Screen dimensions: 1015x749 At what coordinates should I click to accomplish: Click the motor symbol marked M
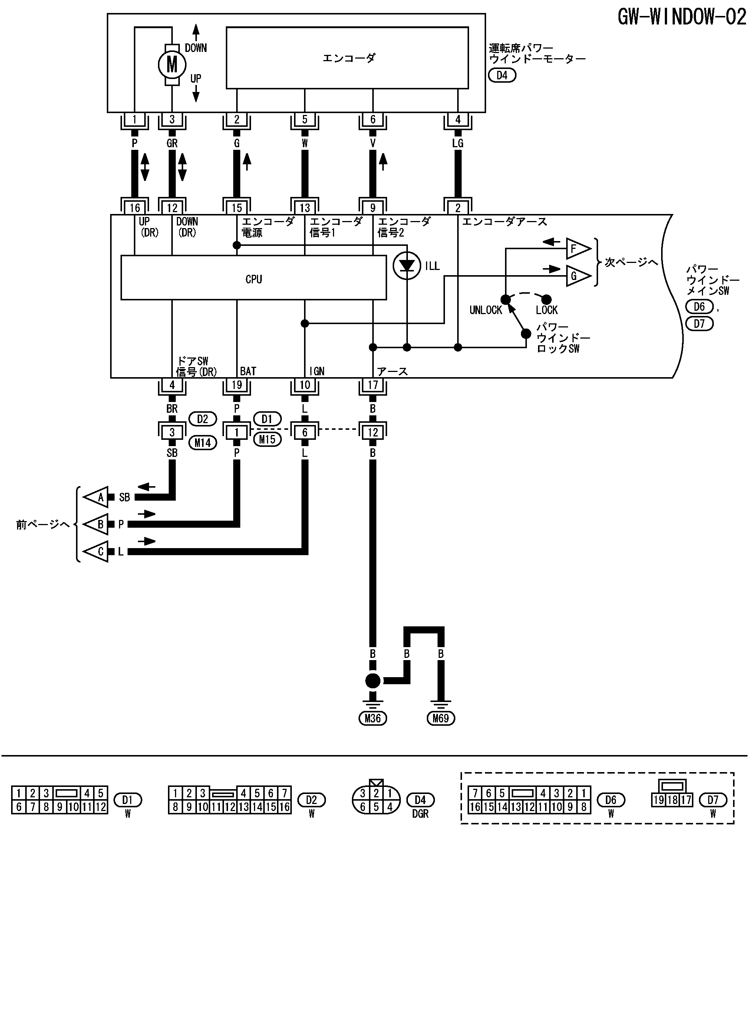click(x=172, y=65)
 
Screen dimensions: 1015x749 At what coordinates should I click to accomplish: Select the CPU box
click(x=254, y=278)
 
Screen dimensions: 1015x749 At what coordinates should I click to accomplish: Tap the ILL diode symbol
click(x=407, y=266)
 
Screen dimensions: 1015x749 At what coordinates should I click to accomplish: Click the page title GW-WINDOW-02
click(x=682, y=17)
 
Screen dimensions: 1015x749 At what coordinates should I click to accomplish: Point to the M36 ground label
click(x=373, y=718)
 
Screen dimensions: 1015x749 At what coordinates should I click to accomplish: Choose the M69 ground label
click(x=441, y=718)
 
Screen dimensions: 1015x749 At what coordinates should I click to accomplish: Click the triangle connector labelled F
click(x=578, y=249)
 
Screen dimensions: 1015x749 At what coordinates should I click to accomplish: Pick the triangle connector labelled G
click(x=578, y=276)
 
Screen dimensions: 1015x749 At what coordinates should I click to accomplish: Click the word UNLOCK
click(x=486, y=310)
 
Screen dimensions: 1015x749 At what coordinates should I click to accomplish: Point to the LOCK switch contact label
click(x=547, y=310)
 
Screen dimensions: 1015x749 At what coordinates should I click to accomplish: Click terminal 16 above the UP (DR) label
click(x=135, y=208)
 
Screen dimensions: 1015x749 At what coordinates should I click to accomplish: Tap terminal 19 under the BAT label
click(x=237, y=385)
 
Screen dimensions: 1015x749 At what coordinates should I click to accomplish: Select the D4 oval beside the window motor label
click(x=502, y=75)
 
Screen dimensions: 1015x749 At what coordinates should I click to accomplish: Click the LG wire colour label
click(x=458, y=143)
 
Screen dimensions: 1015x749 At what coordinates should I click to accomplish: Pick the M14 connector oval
click(x=203, y=442)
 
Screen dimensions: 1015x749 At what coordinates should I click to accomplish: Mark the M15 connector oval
click(x=267, y=439)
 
